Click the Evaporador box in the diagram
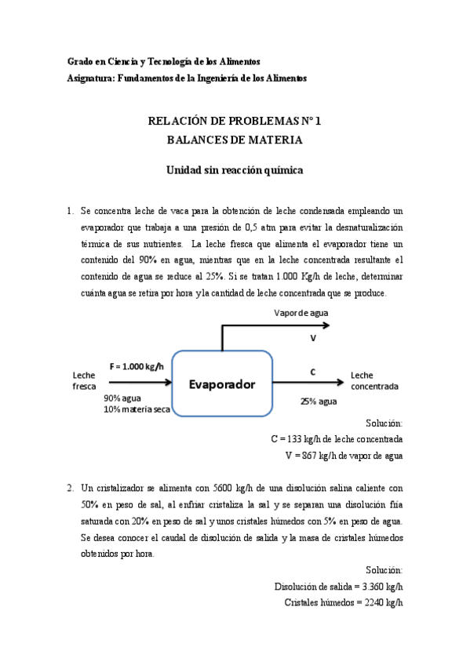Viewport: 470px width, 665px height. tap(222, 384)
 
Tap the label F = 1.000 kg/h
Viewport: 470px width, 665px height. tap(137, 366)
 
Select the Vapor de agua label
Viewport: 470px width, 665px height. tap(301, 313)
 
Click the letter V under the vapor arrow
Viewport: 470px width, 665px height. tap(312, 338)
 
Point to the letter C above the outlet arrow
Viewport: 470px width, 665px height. tap(312, 372)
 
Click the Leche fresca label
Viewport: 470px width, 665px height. tap(84, 380)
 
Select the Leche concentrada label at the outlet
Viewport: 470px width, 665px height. tap(374, 380)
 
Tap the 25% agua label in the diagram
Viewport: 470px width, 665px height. tap(319, 401)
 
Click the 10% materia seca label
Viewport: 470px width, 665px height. tap(137, 411)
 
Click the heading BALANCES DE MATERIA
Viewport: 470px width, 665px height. tap(235, 140)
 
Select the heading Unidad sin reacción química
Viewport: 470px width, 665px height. tap(235, 170)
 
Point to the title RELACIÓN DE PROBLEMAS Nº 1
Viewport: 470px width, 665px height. tap(235, 122)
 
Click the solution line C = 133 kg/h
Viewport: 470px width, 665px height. tap(337, 438)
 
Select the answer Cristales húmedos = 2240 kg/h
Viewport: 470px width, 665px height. tap(344, 601)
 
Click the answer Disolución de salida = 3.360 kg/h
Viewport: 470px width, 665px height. tap(339, 586)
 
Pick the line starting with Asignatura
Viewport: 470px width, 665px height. tap(188, 78)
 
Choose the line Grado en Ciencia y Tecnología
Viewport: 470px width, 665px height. tap(164, 61)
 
